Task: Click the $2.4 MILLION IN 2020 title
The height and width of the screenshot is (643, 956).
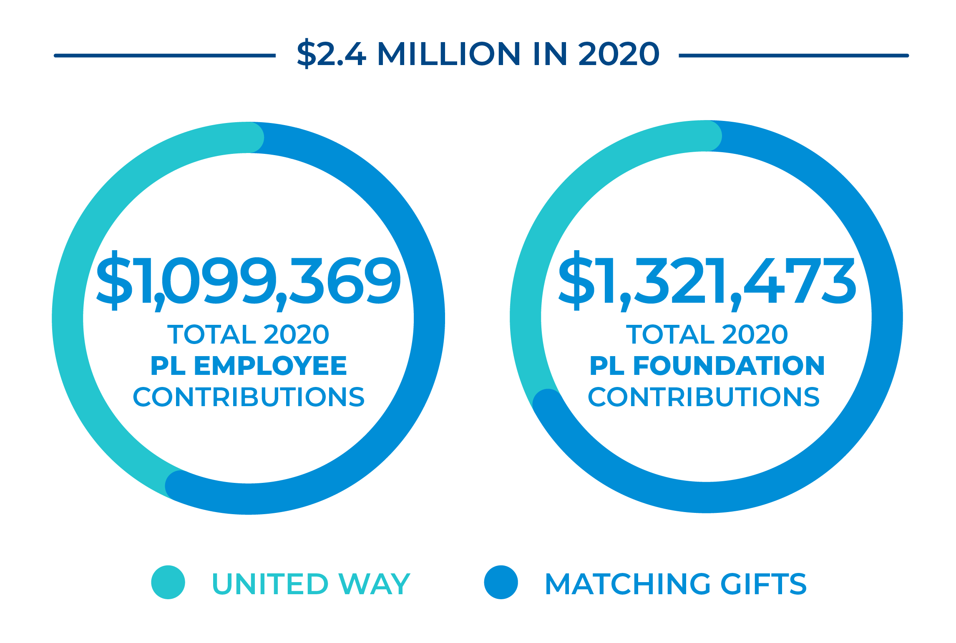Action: tap(478, 54)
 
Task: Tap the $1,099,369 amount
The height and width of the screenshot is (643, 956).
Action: tap(249, 280)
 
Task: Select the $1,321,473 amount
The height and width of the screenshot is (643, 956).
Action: tap(707, 280)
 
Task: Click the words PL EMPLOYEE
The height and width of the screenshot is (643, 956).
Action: tap(249, 366)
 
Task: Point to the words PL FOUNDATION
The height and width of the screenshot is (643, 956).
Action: tap(707, 366)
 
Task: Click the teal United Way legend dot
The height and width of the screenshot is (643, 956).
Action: tap(168, 582)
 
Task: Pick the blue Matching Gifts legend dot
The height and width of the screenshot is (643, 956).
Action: tap(501, 582)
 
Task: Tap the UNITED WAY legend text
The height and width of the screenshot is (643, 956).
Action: tap(311, 583)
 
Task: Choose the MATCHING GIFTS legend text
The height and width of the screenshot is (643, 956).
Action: tap(676, 583)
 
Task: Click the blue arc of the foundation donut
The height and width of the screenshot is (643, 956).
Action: tap(887, 317)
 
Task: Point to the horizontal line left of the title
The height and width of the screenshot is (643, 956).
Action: tap(165, 55)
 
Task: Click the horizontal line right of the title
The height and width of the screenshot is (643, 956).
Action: tap(793, 55)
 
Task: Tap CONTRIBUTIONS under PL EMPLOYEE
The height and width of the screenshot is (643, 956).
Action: tap(249, 397)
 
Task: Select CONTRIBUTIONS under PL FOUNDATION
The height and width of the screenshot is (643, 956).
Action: tap(704, 397)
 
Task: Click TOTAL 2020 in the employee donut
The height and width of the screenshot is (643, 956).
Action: tap(249, 334)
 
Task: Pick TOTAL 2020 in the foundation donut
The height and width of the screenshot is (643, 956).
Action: tap(707, 334)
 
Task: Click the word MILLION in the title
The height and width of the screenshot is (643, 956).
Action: tap(449, 54)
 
